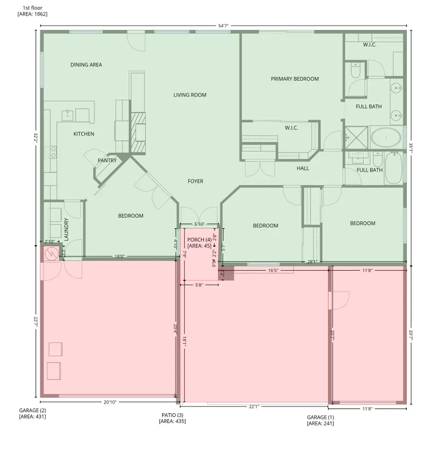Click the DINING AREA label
(x=86, y=65)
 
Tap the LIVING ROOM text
(x=190, y=95)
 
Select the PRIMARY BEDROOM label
(x=295, y=79)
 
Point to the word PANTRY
(x=107, y=161)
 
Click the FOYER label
(x=196, y=182)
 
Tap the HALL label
(x=303, y=168)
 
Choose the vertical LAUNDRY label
(x=66, y=230)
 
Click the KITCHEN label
(x=84, y=134)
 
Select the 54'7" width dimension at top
(x=223, y=26)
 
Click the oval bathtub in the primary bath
(x=386, y=138)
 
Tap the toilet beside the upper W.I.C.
(x=355, y=71)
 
